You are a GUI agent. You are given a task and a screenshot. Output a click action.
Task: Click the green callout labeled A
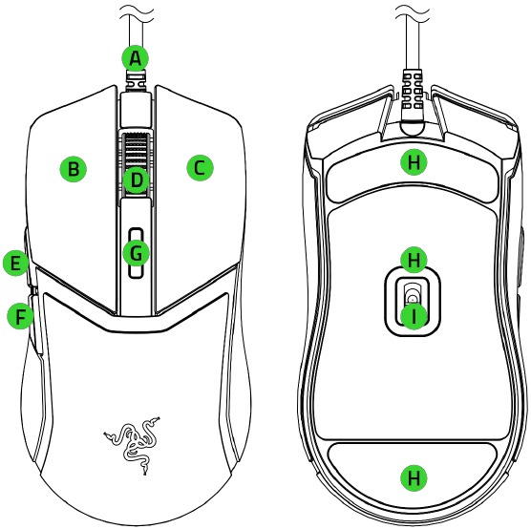click(x=136, y=58)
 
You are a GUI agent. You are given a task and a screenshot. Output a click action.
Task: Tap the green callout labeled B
click(x=74, y=168)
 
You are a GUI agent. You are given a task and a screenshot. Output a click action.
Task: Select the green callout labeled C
click(x=200, y=168)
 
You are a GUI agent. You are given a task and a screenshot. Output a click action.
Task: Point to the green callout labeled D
click(x=136, y=180)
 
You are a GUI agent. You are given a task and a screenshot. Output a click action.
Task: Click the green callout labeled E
click(x=16, y=263)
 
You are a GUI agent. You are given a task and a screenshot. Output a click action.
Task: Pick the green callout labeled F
click(x=21, y=317)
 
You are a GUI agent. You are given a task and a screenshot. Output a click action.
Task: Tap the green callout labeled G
click(x=136, y=253)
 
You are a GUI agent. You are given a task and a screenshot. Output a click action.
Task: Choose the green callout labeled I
click(x=414, y=317)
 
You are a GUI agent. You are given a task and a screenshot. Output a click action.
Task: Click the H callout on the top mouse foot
click(x=414, y=162)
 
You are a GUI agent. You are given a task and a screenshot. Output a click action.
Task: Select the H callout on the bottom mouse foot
click(x=414, y=478)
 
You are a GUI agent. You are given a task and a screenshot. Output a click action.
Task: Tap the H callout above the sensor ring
click(x=414, y=260)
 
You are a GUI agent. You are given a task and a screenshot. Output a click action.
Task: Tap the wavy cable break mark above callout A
click(x=138, y=12)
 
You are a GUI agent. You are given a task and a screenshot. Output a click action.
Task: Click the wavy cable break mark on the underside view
click(x=413, y=12)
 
